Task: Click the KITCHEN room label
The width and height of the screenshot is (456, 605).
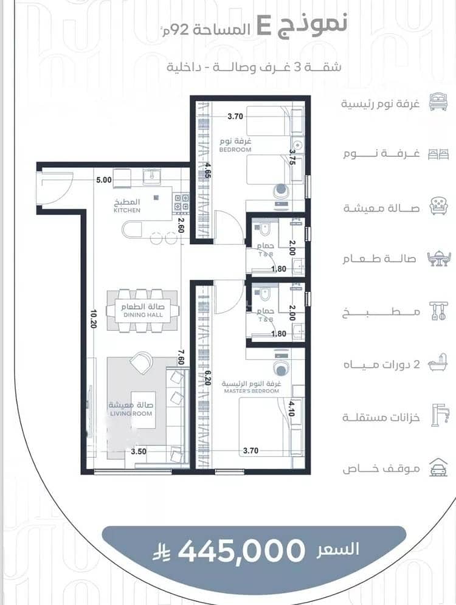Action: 127,210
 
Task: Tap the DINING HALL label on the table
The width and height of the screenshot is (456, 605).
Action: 143,315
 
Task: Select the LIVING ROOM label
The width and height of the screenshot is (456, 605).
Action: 131,413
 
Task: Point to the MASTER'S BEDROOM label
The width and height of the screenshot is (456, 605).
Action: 252,391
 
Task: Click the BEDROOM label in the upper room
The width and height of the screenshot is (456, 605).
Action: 235,150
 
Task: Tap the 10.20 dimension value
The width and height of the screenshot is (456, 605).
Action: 94,319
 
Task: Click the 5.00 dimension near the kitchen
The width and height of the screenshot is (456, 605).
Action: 104,180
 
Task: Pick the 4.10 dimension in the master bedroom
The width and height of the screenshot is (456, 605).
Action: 291,408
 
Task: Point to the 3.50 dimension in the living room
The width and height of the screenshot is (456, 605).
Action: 139,451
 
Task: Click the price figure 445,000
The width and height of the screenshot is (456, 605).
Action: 241,550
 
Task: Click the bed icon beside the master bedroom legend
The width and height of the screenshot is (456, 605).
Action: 438,102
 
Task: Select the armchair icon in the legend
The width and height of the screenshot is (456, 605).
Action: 438,206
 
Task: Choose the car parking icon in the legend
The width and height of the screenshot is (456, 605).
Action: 438,467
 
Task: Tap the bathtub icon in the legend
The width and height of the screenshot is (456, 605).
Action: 438,362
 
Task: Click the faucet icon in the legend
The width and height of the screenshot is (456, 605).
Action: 440,415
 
